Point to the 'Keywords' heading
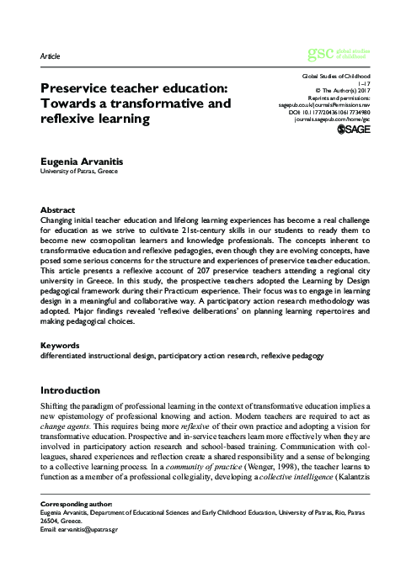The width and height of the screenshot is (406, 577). pos(60,346)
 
